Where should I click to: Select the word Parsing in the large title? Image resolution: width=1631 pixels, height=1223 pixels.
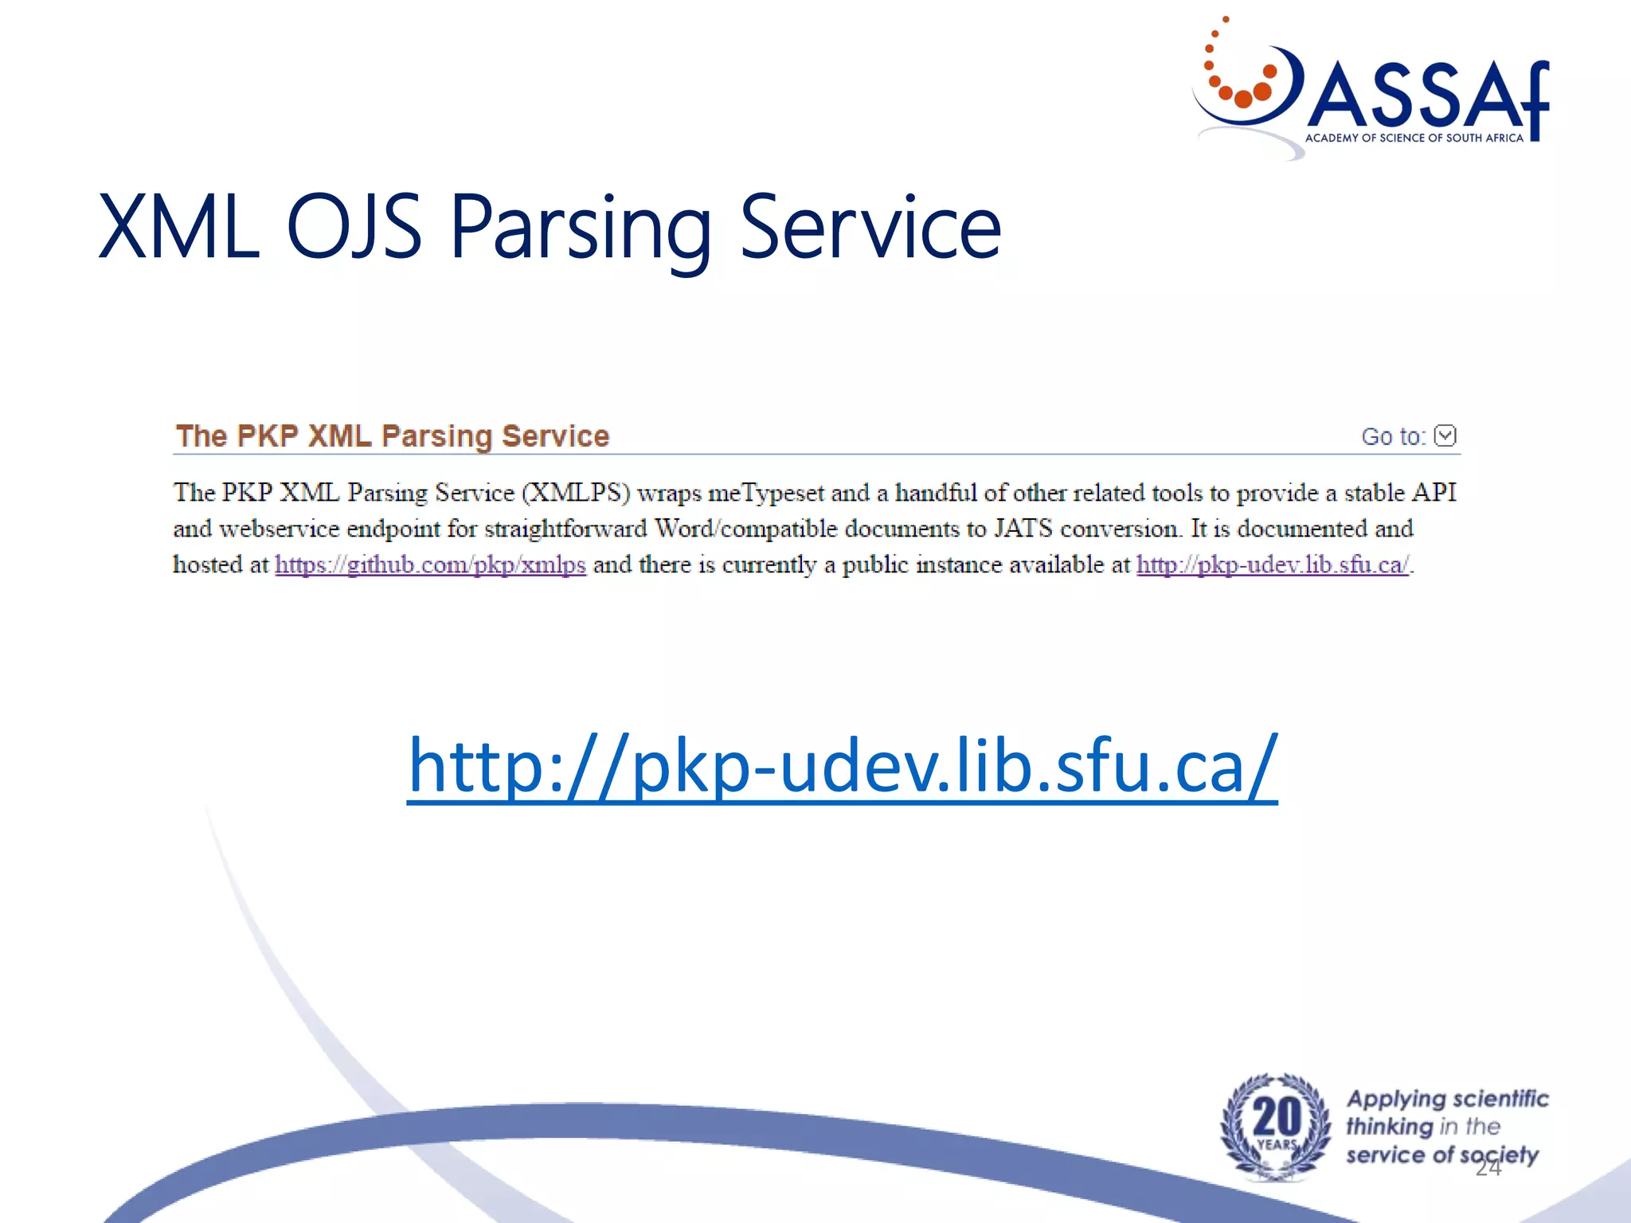pos(581,229)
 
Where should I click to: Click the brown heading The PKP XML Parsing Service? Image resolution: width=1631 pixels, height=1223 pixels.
pos(392,436)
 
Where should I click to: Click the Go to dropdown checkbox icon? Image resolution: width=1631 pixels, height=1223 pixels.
pos(1445,436)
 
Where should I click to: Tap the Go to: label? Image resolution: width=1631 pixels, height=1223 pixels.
pos(1393,436)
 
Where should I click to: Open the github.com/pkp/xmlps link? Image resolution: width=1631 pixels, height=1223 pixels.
pos(430,565)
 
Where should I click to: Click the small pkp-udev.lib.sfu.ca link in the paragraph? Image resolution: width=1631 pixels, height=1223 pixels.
pos(1272,565)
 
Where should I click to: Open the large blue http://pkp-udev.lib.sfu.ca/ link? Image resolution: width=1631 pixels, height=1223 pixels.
pos(842,765)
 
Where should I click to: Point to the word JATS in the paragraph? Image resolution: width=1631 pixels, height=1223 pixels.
pos(1023,529)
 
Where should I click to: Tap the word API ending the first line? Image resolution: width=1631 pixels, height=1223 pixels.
pos(1433,493)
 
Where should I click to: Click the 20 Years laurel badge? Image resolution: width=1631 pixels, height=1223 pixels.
pos(1275,1126)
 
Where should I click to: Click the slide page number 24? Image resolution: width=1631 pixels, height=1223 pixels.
pos(1488,1168)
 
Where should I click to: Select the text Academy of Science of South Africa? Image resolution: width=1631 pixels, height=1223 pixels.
pos(1414,138)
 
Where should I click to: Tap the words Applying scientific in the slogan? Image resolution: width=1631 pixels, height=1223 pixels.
pos(1447,1100)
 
